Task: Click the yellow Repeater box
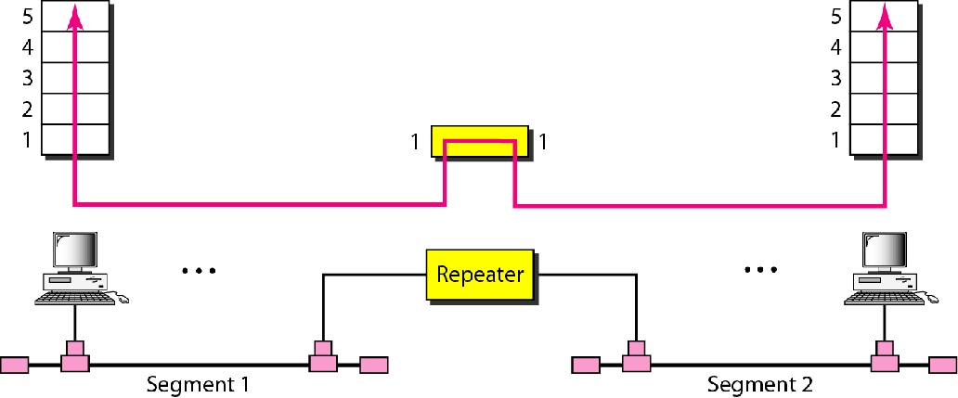click(480, 275)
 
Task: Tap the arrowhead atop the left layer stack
click(73, 11)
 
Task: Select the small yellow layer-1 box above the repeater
click(480, 143)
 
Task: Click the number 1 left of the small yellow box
click(419, 143)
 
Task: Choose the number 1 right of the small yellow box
click(543, 143)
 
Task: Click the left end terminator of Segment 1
click(15, 365)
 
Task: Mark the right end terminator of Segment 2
click(944, 365)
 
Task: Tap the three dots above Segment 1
click(199, 271)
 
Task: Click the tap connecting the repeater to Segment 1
click(322, 358)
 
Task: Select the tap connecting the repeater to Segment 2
click(636, 358)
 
